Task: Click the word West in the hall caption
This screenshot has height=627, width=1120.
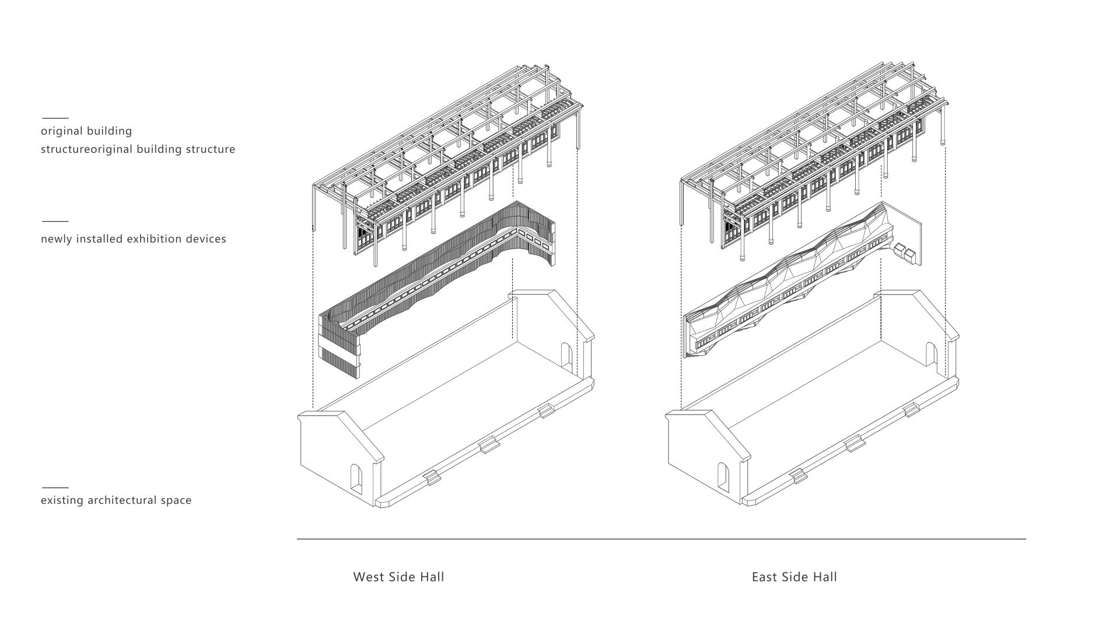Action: point(369,577)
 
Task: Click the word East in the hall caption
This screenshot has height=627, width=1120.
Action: point(765,577)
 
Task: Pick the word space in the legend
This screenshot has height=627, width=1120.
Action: point(176,501)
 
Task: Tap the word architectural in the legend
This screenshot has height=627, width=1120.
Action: point(123,500)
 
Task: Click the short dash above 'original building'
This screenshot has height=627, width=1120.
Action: point(55,118)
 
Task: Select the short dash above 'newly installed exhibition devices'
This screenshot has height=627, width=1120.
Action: point(55,221)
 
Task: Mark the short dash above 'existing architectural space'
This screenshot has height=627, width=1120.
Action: point(55,487)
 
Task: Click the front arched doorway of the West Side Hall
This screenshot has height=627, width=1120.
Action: point(356,477)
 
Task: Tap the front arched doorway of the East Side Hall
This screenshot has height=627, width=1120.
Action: point(723,477)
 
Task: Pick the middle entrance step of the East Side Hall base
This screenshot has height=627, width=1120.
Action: point(856,444)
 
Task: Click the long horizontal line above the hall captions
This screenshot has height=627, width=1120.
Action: point(661,539)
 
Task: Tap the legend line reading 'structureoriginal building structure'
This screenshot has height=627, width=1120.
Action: point(138,149)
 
